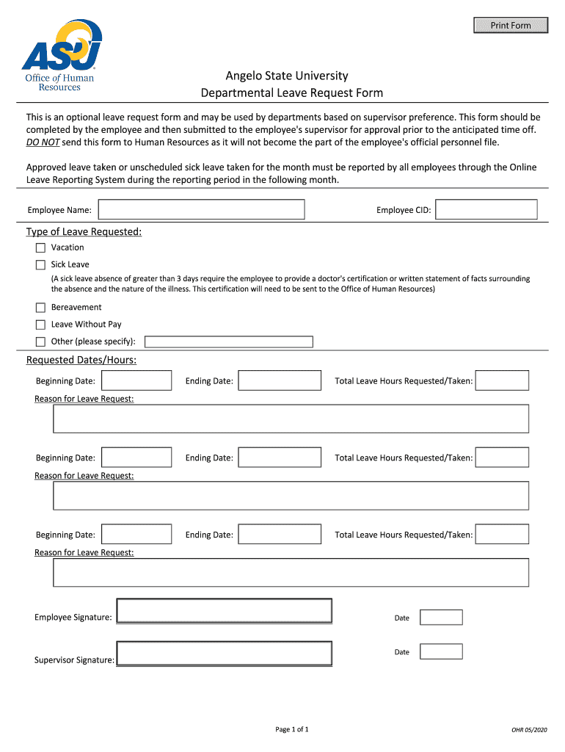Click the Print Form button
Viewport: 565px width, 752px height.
point(511,26)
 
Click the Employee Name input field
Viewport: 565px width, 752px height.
point(202,210)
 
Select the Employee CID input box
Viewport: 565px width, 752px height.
point(486,210)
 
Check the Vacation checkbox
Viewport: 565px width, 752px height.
point(40,248)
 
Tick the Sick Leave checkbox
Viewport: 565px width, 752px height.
point(40,265)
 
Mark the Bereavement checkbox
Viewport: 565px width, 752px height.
point(40,308)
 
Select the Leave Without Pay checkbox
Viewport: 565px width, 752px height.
point(40,325)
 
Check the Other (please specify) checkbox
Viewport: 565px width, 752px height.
point(40,341)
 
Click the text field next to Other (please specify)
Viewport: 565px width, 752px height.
point(229,341)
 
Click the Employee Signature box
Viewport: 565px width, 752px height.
point(225,611)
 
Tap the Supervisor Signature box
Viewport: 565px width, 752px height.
point(225,654)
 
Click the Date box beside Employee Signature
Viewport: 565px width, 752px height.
point(441,618)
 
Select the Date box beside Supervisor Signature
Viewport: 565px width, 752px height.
point(441,652)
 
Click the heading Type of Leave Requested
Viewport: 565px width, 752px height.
point(84,232)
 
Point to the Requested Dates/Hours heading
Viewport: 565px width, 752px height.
point(81,360)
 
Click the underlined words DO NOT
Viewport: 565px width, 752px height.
point(43,142)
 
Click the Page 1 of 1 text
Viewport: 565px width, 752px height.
point(292,729)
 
